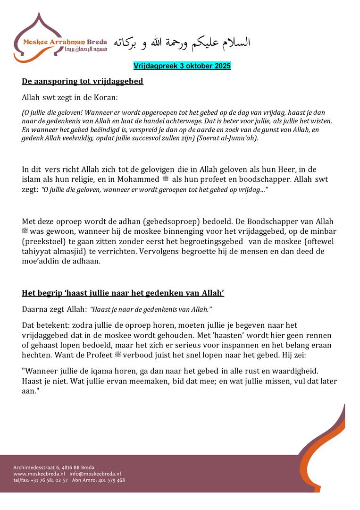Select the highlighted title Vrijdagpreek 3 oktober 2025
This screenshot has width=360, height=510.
click(x=182, y=66)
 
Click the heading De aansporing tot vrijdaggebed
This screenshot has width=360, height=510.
click(x=83, y=81)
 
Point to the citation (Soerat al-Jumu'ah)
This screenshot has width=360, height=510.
click(x=226, y=138)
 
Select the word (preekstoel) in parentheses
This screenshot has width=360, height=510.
click(x=45, y=241)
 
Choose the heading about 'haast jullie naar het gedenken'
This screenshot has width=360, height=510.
click(x=123, y=293)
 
